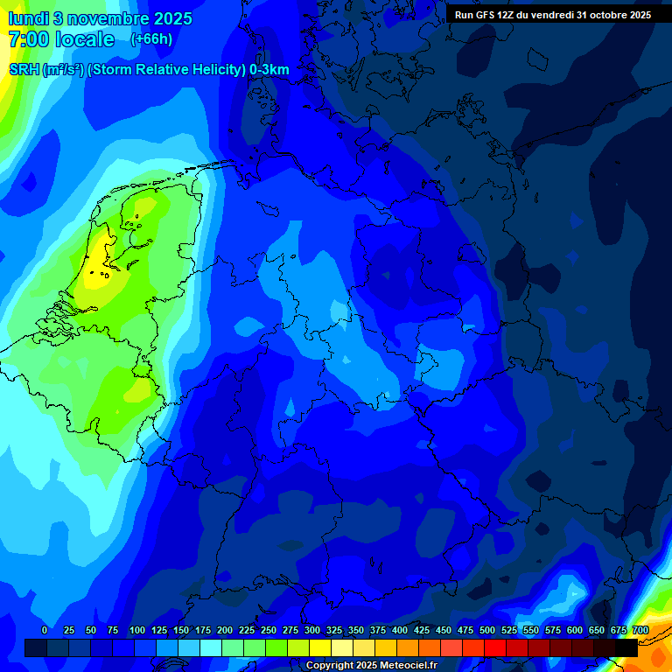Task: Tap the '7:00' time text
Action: [27, 39]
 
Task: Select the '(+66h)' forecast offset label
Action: [151, 39]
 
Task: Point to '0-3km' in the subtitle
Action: [269, 70]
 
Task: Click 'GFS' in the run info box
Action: [486, 15]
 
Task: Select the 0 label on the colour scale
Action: [45, 630]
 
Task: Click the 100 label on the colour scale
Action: [137, 630]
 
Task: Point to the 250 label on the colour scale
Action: [269, 630]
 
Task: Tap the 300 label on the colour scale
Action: [312, 630]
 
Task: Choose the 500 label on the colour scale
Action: [487, 630]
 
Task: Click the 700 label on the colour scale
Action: [640, 630]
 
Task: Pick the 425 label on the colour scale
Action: [422, 630]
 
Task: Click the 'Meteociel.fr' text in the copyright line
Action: [402, 666]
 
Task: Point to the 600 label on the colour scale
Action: [575, 630]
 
